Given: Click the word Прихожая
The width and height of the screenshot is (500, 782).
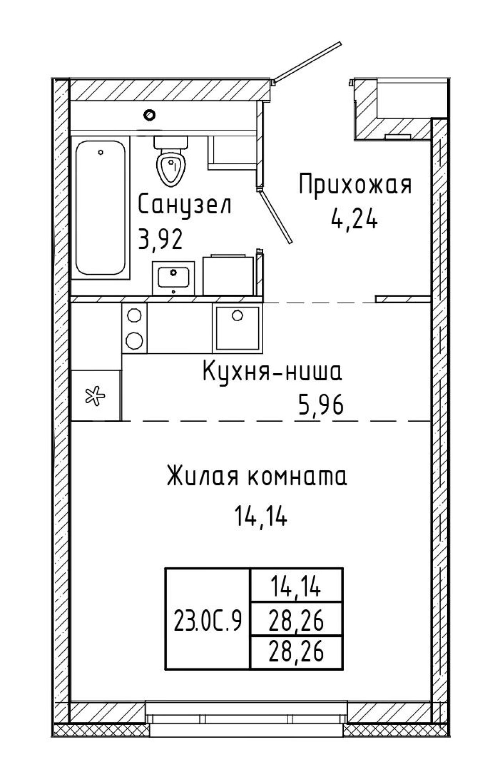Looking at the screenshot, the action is point(355,185).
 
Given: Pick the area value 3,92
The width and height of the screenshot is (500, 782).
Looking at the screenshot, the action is point(161,240).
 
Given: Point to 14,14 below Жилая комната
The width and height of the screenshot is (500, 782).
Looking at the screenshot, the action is point(261,517).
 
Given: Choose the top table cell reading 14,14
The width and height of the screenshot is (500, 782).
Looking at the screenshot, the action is point(296,589).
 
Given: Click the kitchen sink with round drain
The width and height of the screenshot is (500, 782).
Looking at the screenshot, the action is point(236,327).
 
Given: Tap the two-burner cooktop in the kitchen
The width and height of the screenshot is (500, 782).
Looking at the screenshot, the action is point(134,327).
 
